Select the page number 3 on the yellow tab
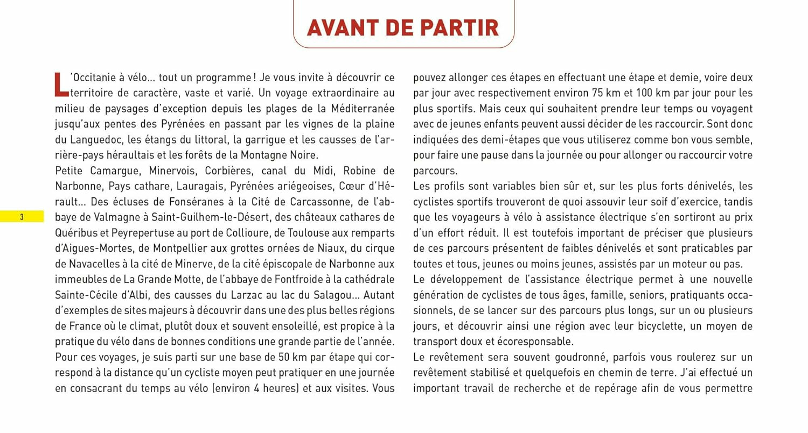[x=22, y=217]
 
